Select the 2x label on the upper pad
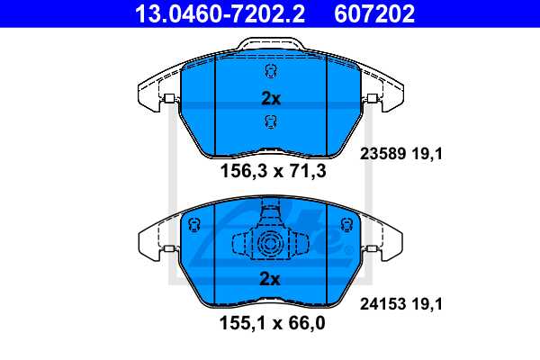pyautogui.click(x=271, y=99)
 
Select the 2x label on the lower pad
pyautogui.click(x=271, y=280)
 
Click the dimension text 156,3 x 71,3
pyautogui.click(x=273, y=171)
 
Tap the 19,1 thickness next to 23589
pyautogui.click(x=428, y=154)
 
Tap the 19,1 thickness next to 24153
pyautogui.click(x=428, y=306)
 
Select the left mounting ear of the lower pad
pyautogui.click(x=155, y=241)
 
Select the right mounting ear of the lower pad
pyautogui.click(x=385, y=241)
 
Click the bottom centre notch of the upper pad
pyautogui.click(x=271, y=149)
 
